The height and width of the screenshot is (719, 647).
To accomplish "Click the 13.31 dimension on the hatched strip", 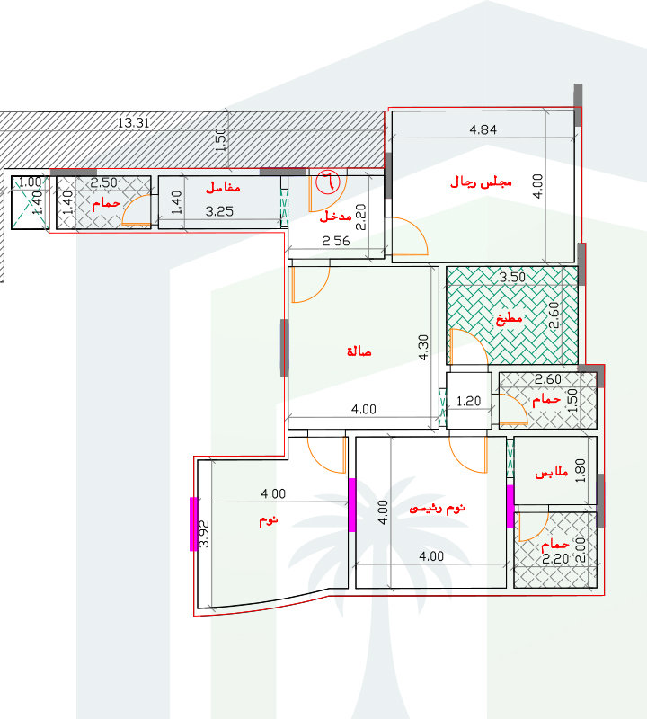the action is click(133, 123).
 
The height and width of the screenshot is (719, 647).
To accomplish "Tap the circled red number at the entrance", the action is click(328, 182).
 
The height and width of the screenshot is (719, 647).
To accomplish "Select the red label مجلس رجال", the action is click(481, 182).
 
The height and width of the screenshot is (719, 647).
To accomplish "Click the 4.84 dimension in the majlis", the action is click(483, 129).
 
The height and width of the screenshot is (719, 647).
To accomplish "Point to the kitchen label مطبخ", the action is click(509, 318).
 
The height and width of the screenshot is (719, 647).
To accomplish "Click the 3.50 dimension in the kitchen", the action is click(512, 277).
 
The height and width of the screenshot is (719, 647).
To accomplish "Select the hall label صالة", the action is click(359, 351).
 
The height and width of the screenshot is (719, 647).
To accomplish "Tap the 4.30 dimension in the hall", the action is click(422, 347).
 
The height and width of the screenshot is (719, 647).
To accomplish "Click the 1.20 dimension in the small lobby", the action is click(469, 401).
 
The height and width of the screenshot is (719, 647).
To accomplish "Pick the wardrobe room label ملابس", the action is click(552, 473).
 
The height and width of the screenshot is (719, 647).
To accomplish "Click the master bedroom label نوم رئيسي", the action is click(437, 508).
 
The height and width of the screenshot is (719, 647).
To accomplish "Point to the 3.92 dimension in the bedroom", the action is click(204, 534).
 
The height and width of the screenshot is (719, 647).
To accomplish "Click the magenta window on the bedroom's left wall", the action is click(193, 524).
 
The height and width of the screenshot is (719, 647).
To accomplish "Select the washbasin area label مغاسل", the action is click(223, 187).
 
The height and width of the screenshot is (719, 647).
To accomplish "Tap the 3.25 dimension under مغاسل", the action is click(219, 211).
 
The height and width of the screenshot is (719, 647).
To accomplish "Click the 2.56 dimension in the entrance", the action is click(336, 241).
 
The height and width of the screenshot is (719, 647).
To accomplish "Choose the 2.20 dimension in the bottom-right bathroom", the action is click(555, 559).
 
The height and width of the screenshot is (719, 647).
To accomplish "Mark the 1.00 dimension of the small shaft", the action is click(30, 182).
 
